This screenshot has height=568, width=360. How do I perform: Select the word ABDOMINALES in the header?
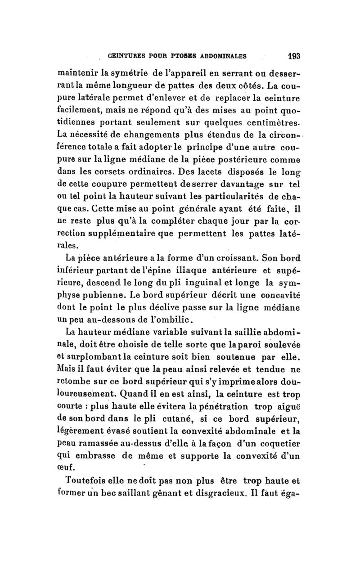tap(219, 57)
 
